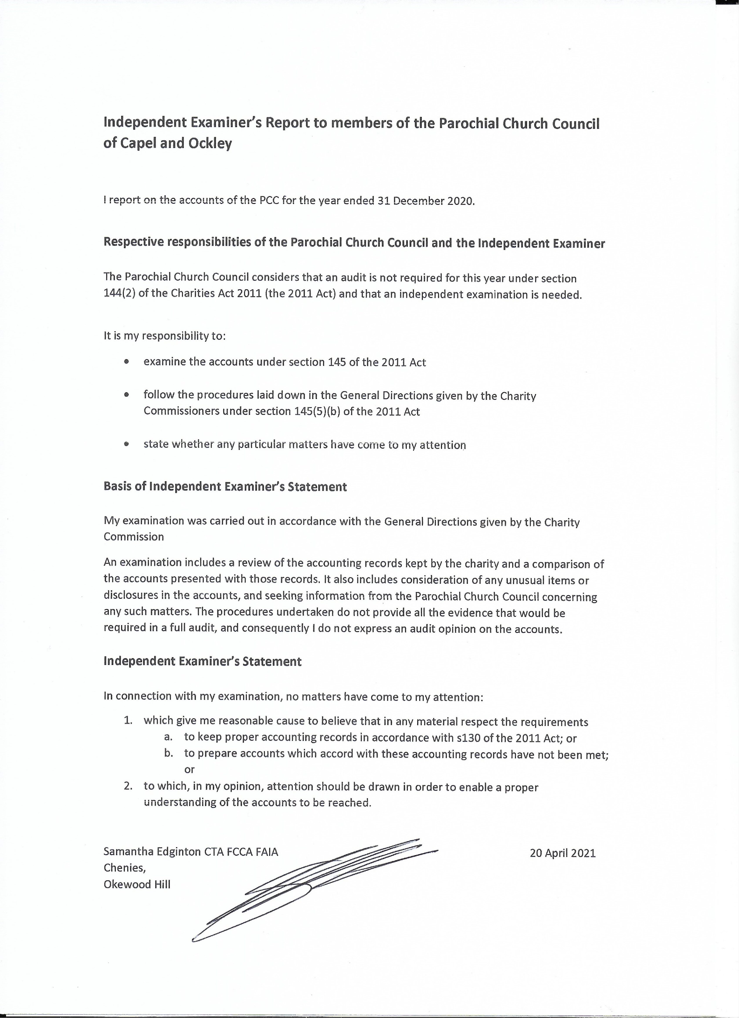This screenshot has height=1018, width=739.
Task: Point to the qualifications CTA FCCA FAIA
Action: point(241,852)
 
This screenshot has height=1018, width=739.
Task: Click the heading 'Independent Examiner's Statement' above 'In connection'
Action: point(202,661)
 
